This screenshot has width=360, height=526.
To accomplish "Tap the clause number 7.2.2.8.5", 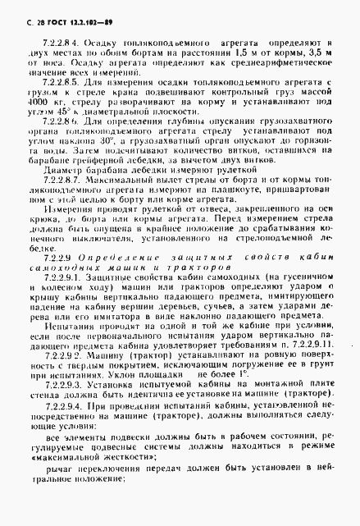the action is pyautogui.click(x=53, y=83).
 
